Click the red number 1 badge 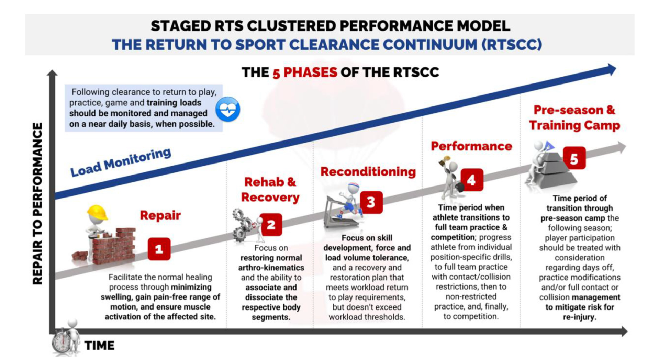[x=159, y=249]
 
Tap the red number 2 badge [x=271, y=225]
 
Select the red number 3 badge [x=371, y=202]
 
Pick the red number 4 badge [x=471, y=180]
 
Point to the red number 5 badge [x=574, y=158]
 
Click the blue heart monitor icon [x=227, y=110]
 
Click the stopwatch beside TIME [x=62, y=343]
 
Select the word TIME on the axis [x=99, y=346]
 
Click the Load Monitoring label [x=121, y=162]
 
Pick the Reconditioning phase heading [x=368, y=171]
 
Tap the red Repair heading [x=160, y=215]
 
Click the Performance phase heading [x=471, y=146]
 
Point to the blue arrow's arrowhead [x=612, y=69]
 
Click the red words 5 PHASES [x=305, y=72]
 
